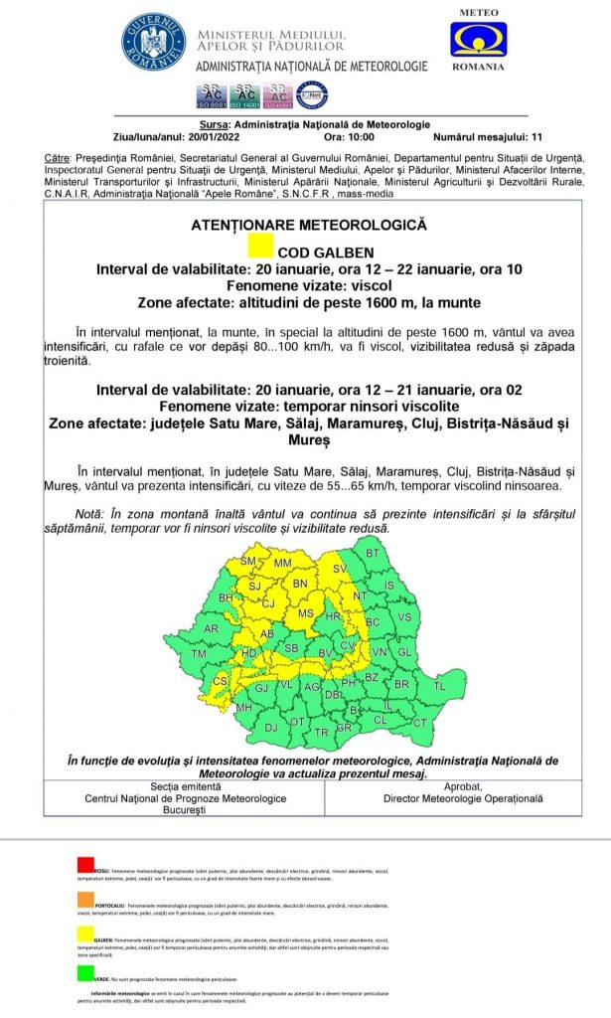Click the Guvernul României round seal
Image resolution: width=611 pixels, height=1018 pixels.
pyautogui.click(x=153, y=43)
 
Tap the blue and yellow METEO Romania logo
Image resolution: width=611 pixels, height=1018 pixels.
pyautogui.click(x=478, y=39)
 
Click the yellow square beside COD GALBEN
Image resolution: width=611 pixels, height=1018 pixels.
pyautogui.click(x=260, y=244)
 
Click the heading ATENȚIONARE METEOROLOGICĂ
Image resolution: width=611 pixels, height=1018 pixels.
pyautogui.click(x=307, y=226)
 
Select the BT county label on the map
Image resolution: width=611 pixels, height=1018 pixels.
pyautogui.click(x=374, y=553)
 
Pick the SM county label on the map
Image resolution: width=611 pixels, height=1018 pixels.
pyautogui.click(x=248, y=562)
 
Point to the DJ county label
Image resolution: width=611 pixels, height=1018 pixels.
pyautogui.click(x=271, y=727)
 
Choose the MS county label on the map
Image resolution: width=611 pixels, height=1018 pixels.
pyautogui.click(x=306, y=613)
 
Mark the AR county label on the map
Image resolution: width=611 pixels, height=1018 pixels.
pyautogui.click(x=211, y=629)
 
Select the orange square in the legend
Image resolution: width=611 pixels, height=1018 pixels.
pyautogui.click(x=86, y=901)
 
